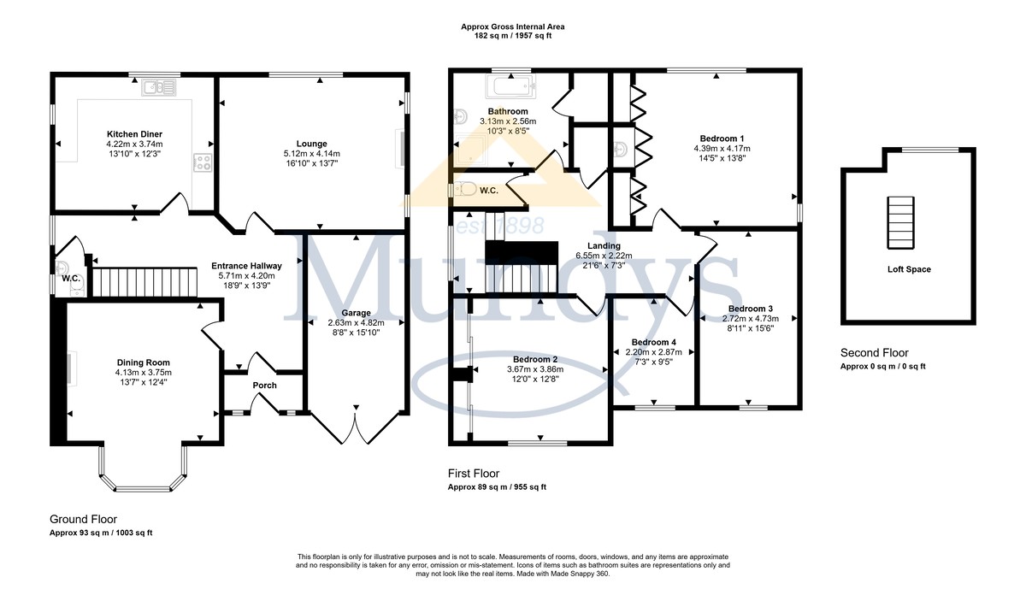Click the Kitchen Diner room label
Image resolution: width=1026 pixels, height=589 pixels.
pos(134,134)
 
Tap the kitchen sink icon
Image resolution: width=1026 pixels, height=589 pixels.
pos(158,87)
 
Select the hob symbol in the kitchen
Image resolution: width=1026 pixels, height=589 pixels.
pos(203,162)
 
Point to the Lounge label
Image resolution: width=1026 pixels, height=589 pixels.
pos(311,144)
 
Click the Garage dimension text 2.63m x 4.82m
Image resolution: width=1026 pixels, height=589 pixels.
pos(356,323)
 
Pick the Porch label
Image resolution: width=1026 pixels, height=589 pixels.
pos(265,386)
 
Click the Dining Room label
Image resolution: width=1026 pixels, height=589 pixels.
pos(144,362)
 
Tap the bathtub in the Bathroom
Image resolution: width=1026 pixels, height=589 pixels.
pos(510,87)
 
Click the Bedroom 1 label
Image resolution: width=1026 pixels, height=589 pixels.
pos(722,138)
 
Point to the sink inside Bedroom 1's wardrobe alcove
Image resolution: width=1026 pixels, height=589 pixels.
pos(621,150)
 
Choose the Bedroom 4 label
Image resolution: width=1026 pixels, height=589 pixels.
pos(653,343)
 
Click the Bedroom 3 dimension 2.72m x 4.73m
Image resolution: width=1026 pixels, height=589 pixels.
pos(751,319)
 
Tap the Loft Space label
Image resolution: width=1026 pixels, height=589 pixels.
pos(909,270)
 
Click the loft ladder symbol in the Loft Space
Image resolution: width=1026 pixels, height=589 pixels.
pos(900,222)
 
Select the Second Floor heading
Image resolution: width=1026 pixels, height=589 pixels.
pos(875,353)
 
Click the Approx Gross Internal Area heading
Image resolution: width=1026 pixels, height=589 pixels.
pos(512,27)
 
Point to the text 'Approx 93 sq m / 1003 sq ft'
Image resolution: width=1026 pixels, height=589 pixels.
pos(101,533)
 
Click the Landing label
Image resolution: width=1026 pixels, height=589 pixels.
pos(604,246)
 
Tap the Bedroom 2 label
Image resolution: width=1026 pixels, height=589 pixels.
pos(535,360)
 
